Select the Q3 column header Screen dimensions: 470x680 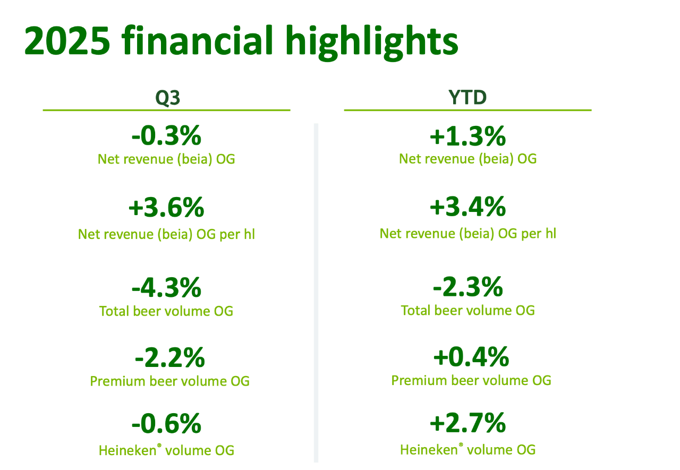(x=167, y=98)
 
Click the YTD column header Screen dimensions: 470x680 (x=467, y=98)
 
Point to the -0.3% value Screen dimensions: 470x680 (x=166, y=137)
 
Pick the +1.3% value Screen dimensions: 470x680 (x=467, y=137)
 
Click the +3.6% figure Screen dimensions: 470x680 (x=166, y=208)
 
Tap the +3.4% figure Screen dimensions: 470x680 (x=467, y=208)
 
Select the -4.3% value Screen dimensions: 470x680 (x=166, y=288)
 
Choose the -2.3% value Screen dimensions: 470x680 (x=467, y=288)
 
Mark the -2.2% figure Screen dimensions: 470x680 (x=169, y=358)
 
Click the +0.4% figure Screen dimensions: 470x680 (x=471, y=357)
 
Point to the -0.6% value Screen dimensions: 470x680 (x=166, y=424)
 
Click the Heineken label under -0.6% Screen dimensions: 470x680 (x=127, y=451)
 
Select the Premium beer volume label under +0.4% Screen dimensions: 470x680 (x=471, y=380)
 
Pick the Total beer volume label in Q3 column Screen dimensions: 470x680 (x=166, y=311)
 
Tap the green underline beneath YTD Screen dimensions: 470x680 (x=467, y=110)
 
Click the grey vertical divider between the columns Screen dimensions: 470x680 (x=316, y=292)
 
